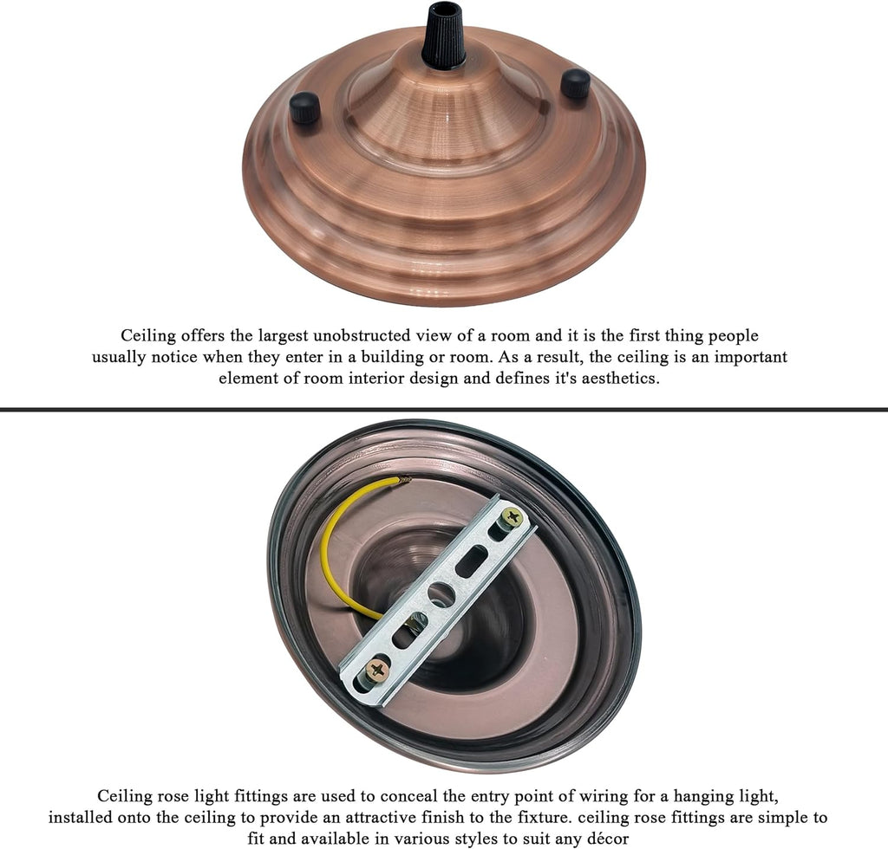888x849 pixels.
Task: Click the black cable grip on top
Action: [443, 36]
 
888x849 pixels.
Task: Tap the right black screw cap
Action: [574, 84]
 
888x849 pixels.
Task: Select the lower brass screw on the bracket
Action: [377, 669]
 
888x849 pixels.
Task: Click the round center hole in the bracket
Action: [441, 594]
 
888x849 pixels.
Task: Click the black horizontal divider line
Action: [444, 408]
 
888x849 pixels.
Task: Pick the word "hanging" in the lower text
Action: [720, 795]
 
